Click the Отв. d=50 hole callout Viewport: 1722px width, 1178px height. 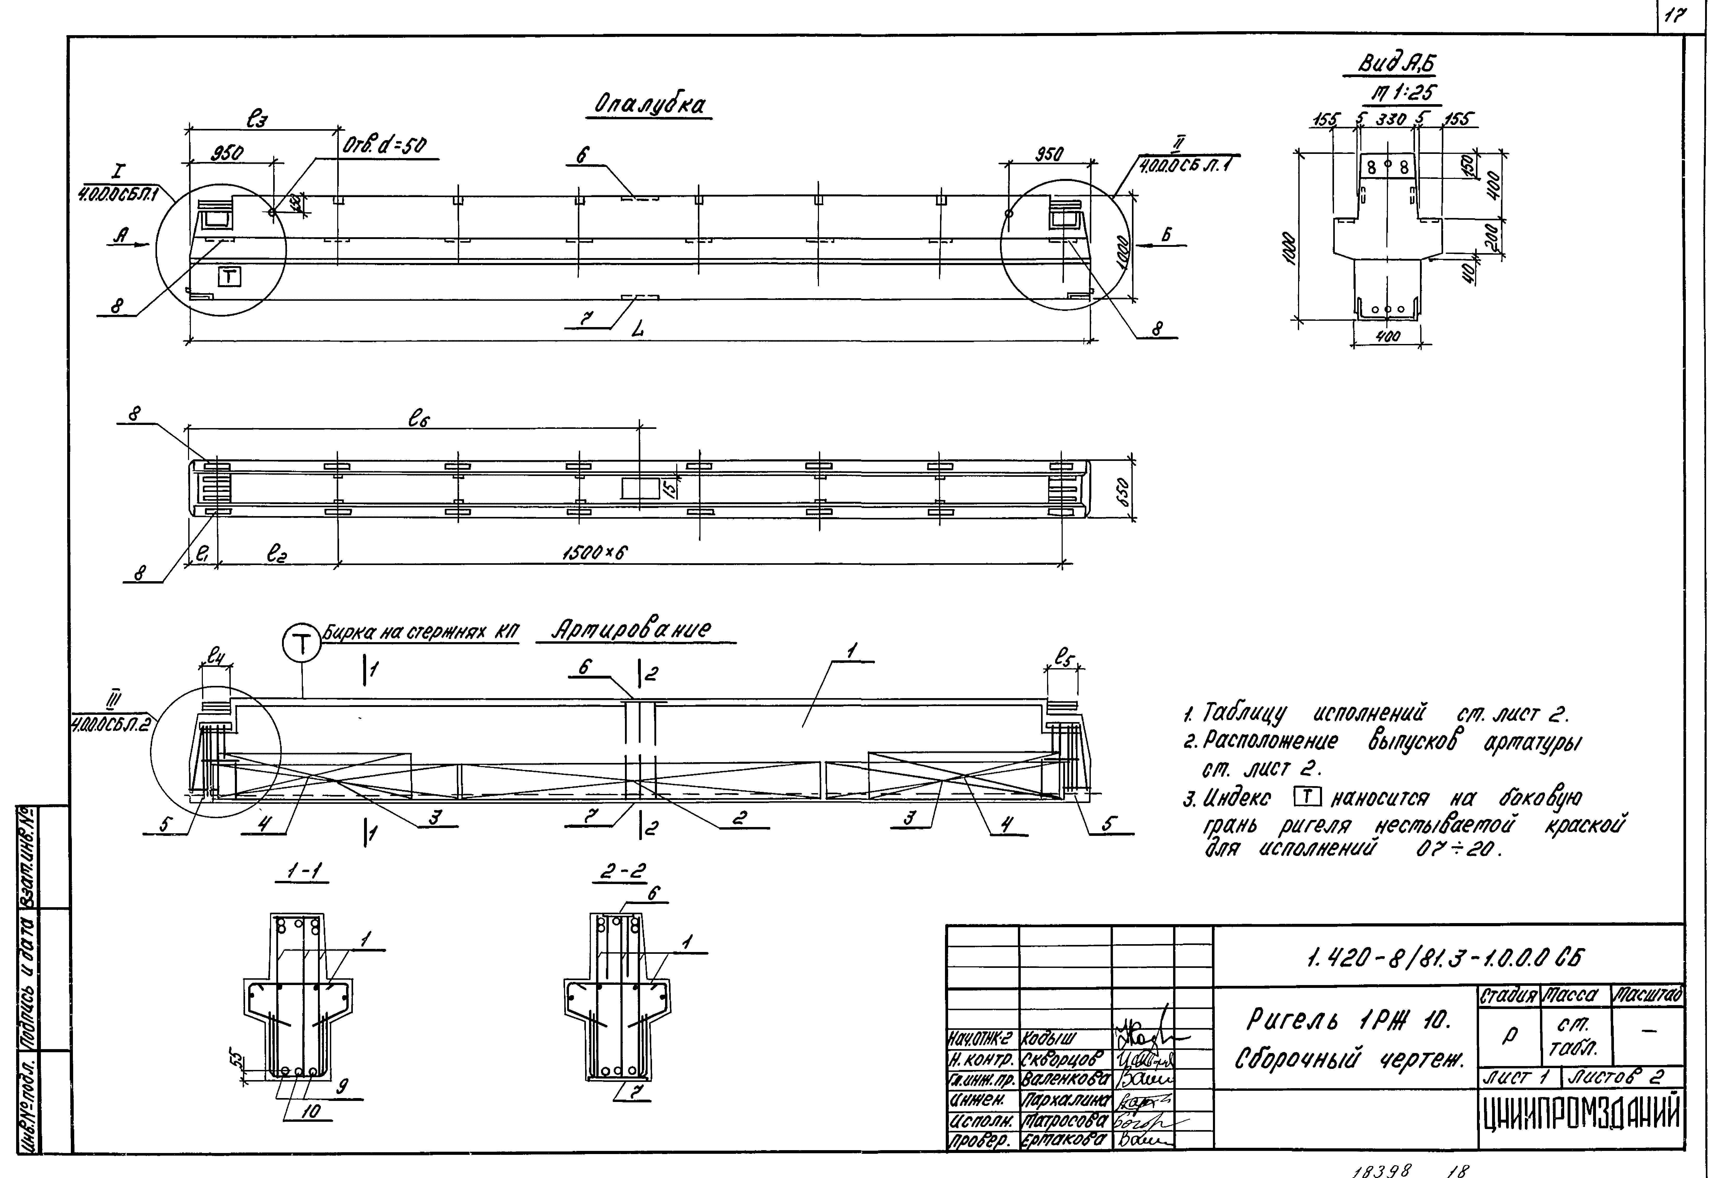385,146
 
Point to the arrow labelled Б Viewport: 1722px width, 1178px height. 1166,236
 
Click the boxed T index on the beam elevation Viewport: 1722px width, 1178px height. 230,277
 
